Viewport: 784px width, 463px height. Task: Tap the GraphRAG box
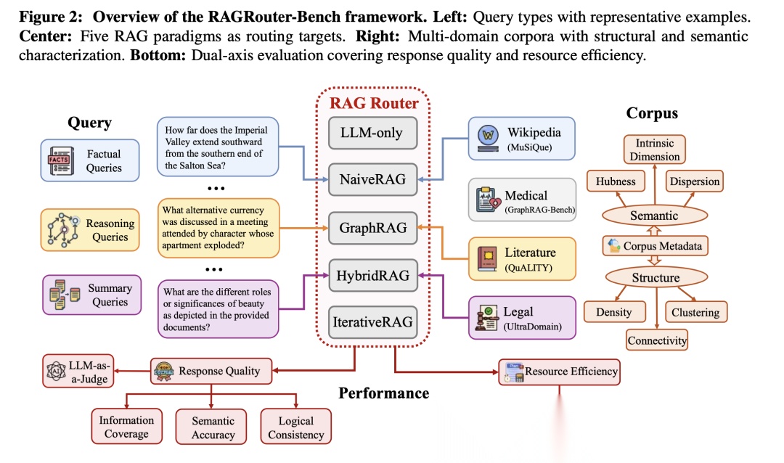pyautogui.click(x=371, y=228)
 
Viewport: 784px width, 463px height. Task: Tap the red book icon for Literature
pyautogui.click(x=485, y=258)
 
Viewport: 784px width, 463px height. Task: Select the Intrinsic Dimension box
pyautogui.click(x=655, y=149)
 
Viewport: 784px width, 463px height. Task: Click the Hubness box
pyautogui.click(x=615, y=181)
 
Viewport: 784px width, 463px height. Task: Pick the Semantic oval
pyautogui.click(x=654, y=215)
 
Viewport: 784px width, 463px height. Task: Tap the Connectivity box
pyautogui.click(x=657, y=340)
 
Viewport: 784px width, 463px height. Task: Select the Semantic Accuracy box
pyautogui.click(x=213, y=427)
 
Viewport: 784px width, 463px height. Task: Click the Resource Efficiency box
pyautogui.click(x=559, y=372)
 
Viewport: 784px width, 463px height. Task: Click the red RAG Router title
pyautogui.click(x=374, y=103)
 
